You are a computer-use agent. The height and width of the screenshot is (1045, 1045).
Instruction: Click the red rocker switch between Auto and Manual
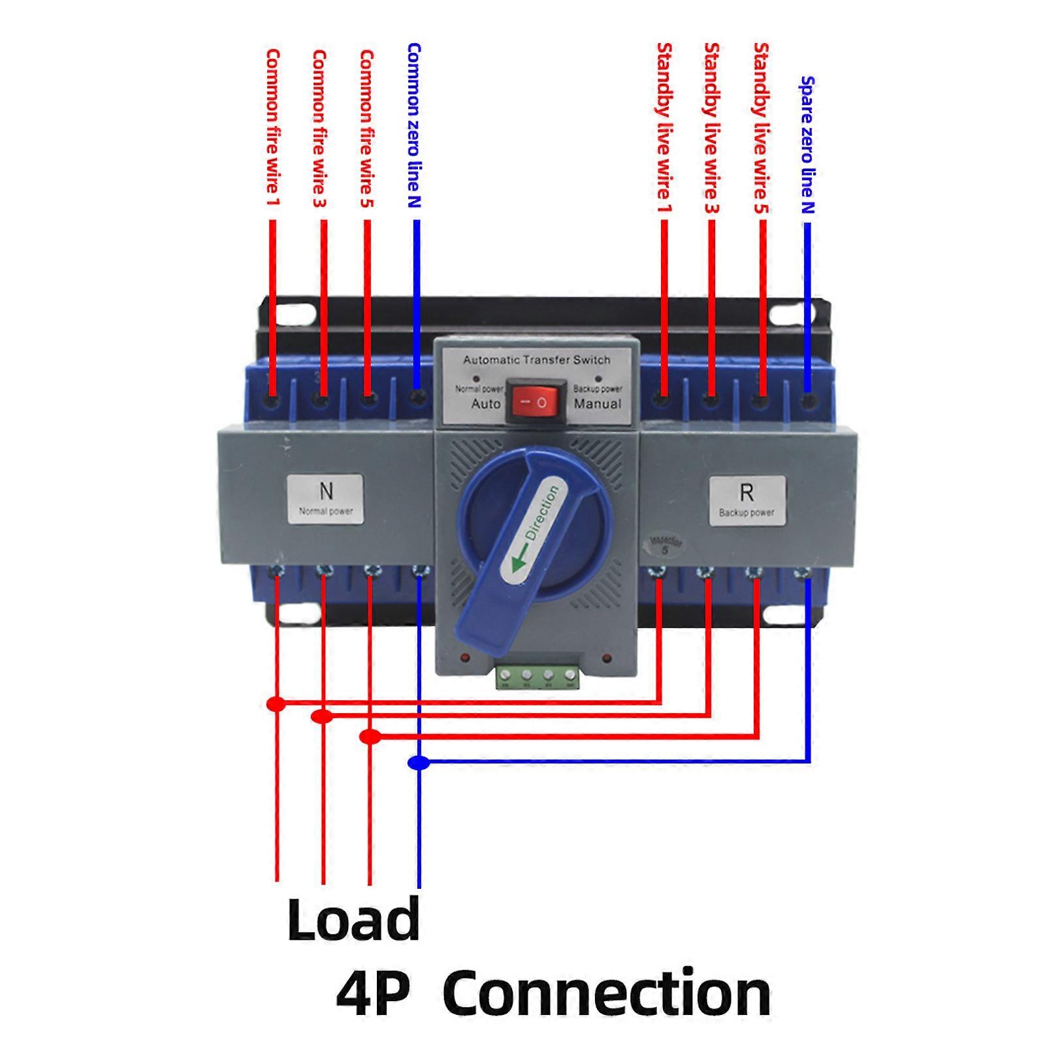537,402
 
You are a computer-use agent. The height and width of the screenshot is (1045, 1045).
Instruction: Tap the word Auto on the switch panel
486,404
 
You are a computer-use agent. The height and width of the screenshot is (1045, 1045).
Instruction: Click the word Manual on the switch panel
597,404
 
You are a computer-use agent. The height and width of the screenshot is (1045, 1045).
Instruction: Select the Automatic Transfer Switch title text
536,360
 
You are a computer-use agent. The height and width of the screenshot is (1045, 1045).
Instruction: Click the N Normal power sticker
325,498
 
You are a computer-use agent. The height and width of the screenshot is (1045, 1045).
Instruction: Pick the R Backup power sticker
747,500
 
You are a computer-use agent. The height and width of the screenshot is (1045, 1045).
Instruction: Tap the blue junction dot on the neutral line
419,762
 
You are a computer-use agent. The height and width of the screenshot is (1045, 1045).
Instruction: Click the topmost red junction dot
276,703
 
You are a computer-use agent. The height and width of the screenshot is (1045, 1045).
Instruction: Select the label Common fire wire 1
272,127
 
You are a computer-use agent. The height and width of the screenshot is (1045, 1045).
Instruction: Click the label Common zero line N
413,125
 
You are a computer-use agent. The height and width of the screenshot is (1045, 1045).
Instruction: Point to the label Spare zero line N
807,145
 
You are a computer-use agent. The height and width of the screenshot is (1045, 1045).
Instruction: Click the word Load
353,919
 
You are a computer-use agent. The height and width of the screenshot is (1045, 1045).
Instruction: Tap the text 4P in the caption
373,993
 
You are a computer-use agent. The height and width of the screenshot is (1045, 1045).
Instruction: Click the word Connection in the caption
606,993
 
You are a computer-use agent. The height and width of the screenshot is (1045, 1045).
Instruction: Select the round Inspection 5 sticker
665,545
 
